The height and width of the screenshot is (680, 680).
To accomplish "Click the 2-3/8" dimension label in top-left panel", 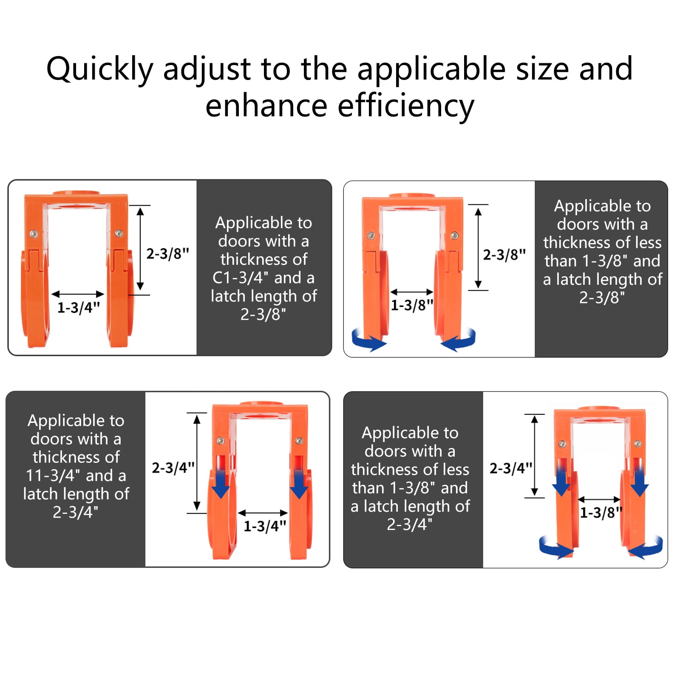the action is pos(167,254).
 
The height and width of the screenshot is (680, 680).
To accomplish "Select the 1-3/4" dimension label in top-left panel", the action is pos(79,307).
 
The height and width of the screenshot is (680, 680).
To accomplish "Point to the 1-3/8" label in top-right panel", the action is pos(412,305).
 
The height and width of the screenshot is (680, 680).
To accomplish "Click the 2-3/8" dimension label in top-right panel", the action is pos(504,255).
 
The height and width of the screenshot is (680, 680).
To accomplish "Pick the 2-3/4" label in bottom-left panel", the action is pos(173,468).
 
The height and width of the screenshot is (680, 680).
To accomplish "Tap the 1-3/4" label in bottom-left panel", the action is pos(265,526).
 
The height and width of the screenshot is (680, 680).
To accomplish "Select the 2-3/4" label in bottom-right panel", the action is pos(511,468).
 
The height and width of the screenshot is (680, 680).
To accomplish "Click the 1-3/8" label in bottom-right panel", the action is pos(601,513).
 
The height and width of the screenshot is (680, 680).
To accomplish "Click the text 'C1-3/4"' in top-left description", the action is pos(240,278).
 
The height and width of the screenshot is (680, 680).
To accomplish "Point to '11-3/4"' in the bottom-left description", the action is pos(53,476).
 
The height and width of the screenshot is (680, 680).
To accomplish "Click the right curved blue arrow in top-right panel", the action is pos(459,340).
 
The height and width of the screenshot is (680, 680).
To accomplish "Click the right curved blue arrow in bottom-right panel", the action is pos(646,547).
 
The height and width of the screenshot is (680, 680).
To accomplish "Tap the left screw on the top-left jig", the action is pos(33,234).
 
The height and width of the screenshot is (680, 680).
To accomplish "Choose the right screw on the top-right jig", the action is pos(454,235).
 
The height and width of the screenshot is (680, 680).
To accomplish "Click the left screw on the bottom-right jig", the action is pos(562,444).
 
